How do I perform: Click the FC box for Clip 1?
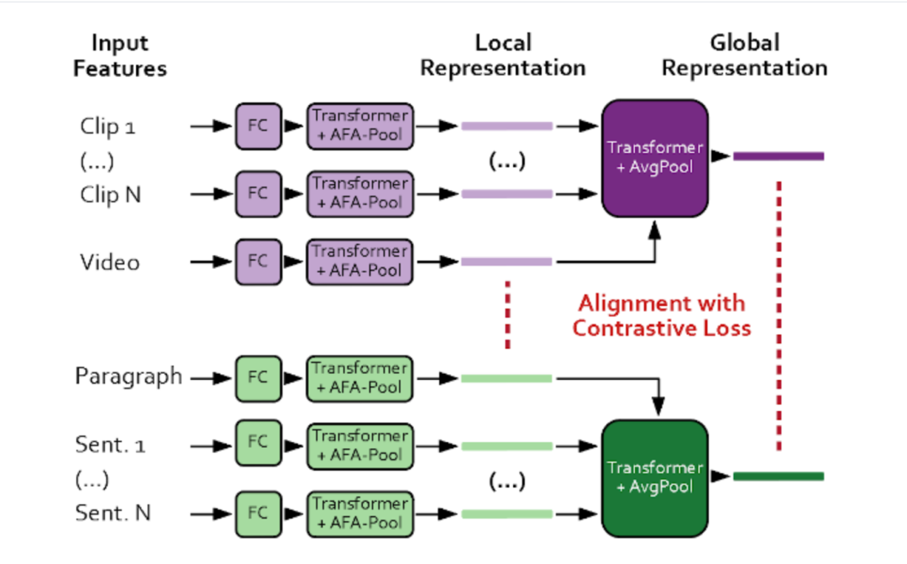coord(257,126)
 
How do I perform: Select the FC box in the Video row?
coord(257,261)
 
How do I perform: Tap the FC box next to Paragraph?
coord(257,377)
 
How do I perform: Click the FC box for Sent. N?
coord(257,513)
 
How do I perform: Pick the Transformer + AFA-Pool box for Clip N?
coord(359,193)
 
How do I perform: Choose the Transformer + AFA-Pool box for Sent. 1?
coord(359,445)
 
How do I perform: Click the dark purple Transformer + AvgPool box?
coord(655,156)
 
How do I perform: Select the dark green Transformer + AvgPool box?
coord(655,477)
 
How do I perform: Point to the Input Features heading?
coord(119,55)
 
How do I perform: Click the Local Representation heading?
coord(502,55)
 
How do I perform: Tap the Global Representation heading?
coord(744,55)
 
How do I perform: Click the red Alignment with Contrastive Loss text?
coord(661,315)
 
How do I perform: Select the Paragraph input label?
coord(128,377)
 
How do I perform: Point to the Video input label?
coord(110,262)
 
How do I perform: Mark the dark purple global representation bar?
coord(778,156)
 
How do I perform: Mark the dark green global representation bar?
coord(778,477)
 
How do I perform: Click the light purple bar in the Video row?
coord(506,261)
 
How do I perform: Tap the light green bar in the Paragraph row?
coord(506,378)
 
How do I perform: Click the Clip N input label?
coord(111,194)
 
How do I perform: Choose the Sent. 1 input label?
coord(110,445)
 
